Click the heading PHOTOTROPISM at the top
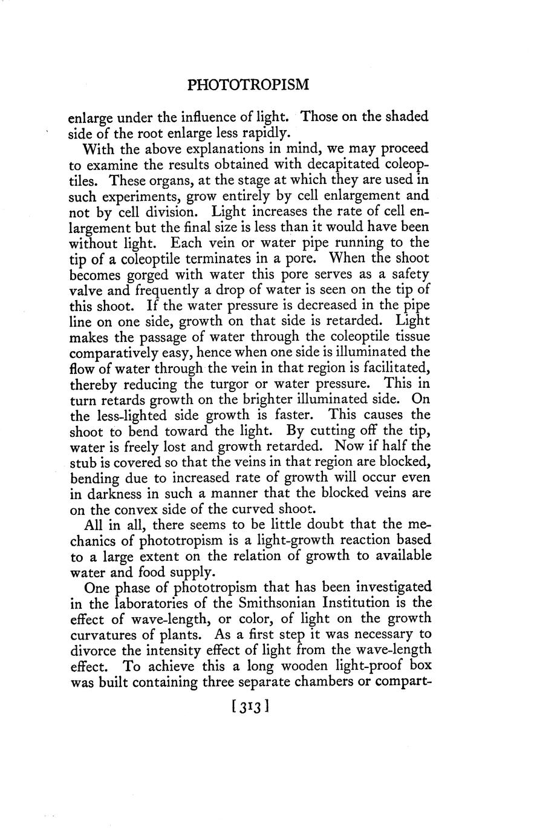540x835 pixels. [x=248, y=85]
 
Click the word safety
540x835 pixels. [x=408, y=274]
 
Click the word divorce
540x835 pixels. [x=93, y=650]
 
